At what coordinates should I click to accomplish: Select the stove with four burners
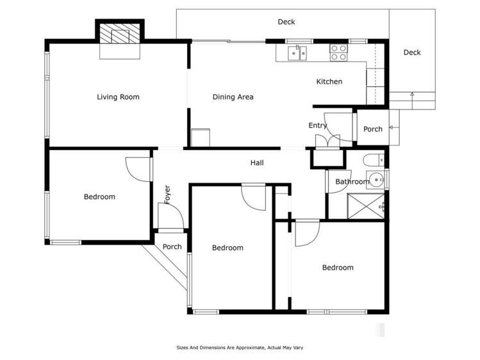(338, 53)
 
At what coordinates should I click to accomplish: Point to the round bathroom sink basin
(375, 179)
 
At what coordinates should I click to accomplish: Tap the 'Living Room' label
(118, 97)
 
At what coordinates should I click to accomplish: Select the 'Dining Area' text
(233, 97)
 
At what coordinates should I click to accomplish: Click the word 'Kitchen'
(329, 82)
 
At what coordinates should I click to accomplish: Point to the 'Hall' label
(257, 163)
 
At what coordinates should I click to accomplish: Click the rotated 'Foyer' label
(167, 194)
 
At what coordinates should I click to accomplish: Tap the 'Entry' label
(317, 126)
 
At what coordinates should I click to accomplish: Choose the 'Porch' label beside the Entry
(372, 129)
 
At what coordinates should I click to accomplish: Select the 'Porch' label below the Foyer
(172, 247)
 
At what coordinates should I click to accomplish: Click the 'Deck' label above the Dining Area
(286, 22)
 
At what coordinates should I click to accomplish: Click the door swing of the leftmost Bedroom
(137, 168)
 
